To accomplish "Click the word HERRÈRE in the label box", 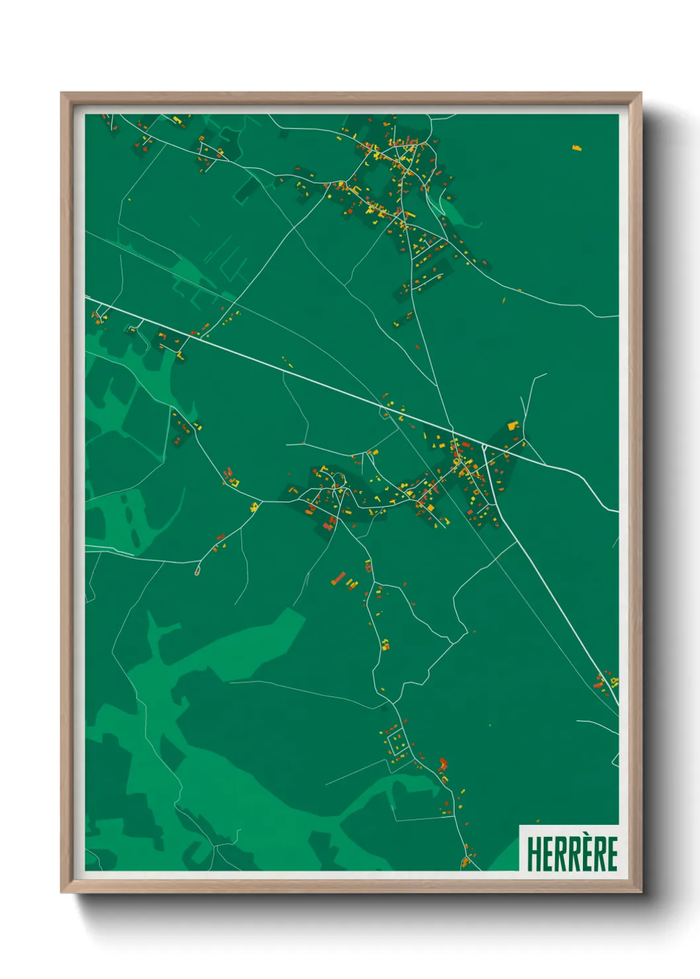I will pyautogui.click(x=572, y=853).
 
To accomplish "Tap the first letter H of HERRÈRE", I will pyautogui.click(x=533, y=854).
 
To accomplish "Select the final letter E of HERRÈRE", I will pyautogui.click(x=611, y=854).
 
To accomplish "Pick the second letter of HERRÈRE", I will pyautogui.click(x=546, y=854).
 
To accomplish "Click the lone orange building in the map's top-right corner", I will pyautogui.click(x=577, y=148).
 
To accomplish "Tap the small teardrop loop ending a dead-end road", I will pyautogui.click(x=197, y=571).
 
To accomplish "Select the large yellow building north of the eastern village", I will pyautogui.click(x=513, y=425).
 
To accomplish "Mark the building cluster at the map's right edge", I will pyautogui.click(x=607, y=681).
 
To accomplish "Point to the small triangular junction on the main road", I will pyautogui.click(x=485, y=448).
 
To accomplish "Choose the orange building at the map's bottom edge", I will pyautogui.click(x=465, y=862).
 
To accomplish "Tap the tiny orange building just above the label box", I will pyautogui.click(x=490, y=725).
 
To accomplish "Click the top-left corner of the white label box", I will pyautogui.click(x=519, y=826).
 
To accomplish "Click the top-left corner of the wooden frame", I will pyautogui.click(x=61, y=93).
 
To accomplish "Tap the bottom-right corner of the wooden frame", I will pyautogui.click(x=641, y=893).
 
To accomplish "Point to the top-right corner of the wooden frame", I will pyautogui.click(x=641, y=93).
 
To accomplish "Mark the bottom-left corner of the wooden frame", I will pyautogui.click(x=61, y=893).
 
